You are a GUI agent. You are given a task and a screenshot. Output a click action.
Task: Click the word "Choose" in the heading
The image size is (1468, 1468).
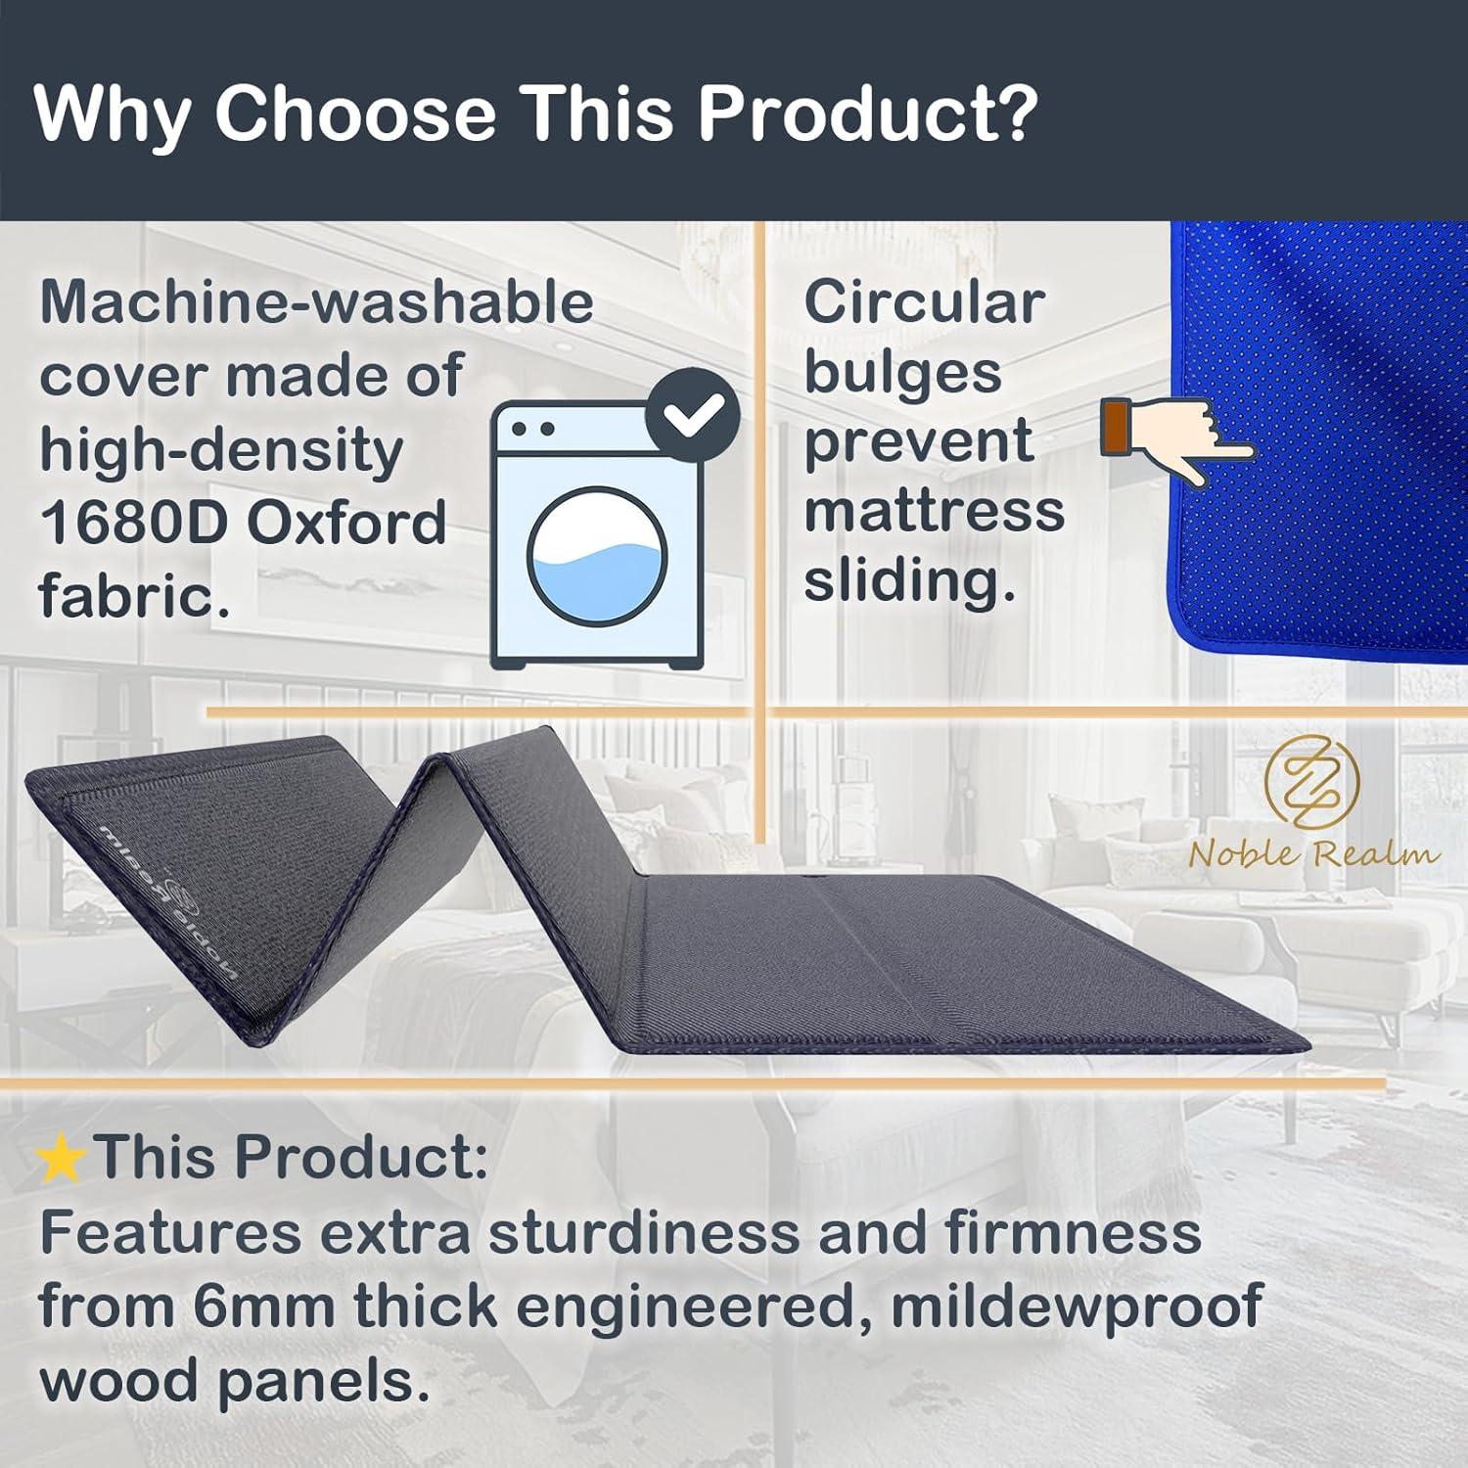click(356, 114)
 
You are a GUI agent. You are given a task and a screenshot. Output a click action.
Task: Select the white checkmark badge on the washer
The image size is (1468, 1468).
click(693, 416)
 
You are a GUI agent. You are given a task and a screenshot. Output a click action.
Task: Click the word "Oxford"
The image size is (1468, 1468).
click(346, 523)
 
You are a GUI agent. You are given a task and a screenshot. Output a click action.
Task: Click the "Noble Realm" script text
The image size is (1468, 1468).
click(1314, 853)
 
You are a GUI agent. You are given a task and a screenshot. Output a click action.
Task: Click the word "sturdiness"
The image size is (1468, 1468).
click(643, 1233)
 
